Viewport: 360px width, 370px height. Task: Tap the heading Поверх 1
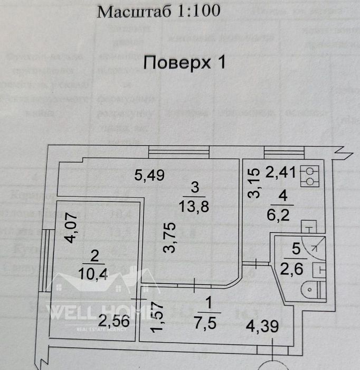pos(184,63)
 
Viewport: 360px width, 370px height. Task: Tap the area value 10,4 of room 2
pos(93,273)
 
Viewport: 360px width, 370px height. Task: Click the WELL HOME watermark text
pos(87,311)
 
